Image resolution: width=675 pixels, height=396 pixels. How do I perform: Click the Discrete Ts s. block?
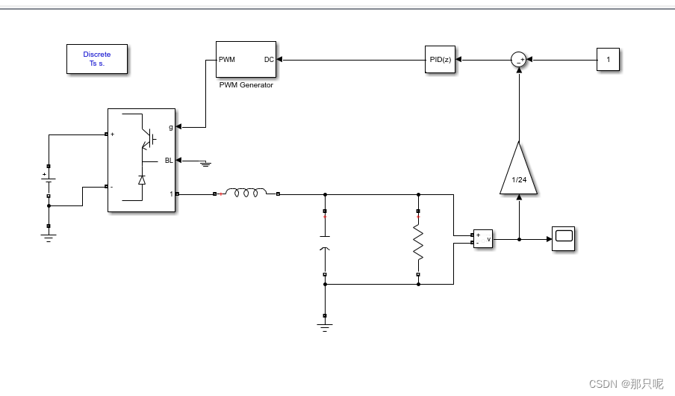click(x=97, y=59)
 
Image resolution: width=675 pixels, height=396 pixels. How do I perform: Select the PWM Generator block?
click(x=246, y=60)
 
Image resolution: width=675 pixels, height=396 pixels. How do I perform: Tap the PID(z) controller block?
click(x=440, y=60)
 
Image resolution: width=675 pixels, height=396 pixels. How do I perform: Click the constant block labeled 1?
click(x=608, y=60)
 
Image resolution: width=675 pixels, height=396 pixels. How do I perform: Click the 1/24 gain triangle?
click(x=519, y=170)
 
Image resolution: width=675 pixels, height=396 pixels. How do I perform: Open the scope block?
click(x=564, y=238)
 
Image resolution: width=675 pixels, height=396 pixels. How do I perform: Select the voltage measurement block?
click(x=483, y=238)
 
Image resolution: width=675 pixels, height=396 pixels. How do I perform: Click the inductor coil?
click(x=246, y=192)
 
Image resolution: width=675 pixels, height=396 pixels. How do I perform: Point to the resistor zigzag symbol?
click(x=418, y=243)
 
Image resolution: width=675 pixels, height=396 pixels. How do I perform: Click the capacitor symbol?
click(x=325, y=242)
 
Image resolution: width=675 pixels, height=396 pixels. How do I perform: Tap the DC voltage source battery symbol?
click(x=49, y=181)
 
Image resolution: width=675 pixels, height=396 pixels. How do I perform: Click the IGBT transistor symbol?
click(x=149, y=139)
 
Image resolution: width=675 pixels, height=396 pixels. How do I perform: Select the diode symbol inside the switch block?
click(x=142, y=180)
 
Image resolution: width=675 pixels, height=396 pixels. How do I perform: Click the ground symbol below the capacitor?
click(x=325, y=327)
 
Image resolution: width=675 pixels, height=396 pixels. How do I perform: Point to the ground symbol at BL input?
click(x=206, y=164)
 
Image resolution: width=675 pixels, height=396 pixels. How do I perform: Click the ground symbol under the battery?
click(x=49, y=238)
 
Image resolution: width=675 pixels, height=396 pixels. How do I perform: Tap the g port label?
click(x=171, y=127)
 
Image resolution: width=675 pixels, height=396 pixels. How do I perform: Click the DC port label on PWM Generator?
click(x=269, y=60)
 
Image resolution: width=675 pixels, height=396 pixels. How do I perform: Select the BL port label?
click(x=169, y=161)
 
